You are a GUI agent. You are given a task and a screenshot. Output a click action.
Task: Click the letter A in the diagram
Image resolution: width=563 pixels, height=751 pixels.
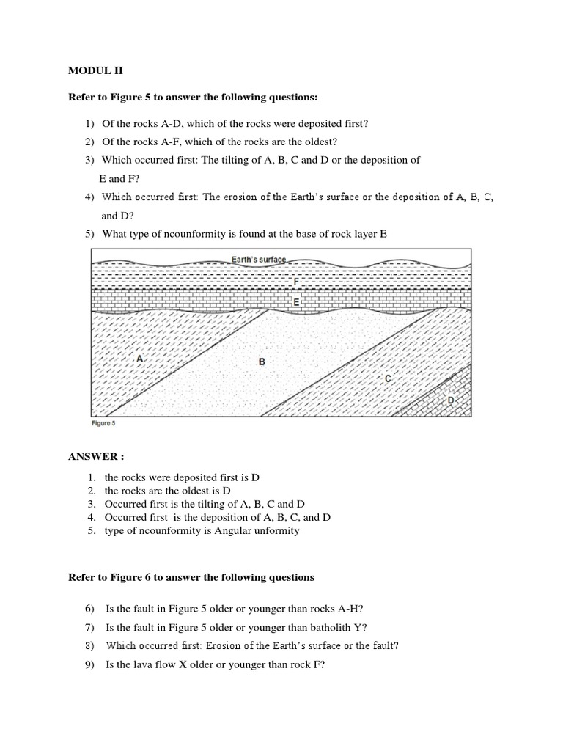139,358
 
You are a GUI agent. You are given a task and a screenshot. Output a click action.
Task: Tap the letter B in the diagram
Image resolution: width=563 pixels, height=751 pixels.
261,362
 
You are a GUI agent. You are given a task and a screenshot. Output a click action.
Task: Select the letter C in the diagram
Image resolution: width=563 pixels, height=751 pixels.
388,378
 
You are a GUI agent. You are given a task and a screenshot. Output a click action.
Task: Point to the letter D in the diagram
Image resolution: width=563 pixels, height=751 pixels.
450,400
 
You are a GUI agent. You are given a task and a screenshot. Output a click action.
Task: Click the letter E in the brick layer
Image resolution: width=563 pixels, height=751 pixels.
295,301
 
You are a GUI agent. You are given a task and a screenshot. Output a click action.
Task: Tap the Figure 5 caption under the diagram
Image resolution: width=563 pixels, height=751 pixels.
103,423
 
